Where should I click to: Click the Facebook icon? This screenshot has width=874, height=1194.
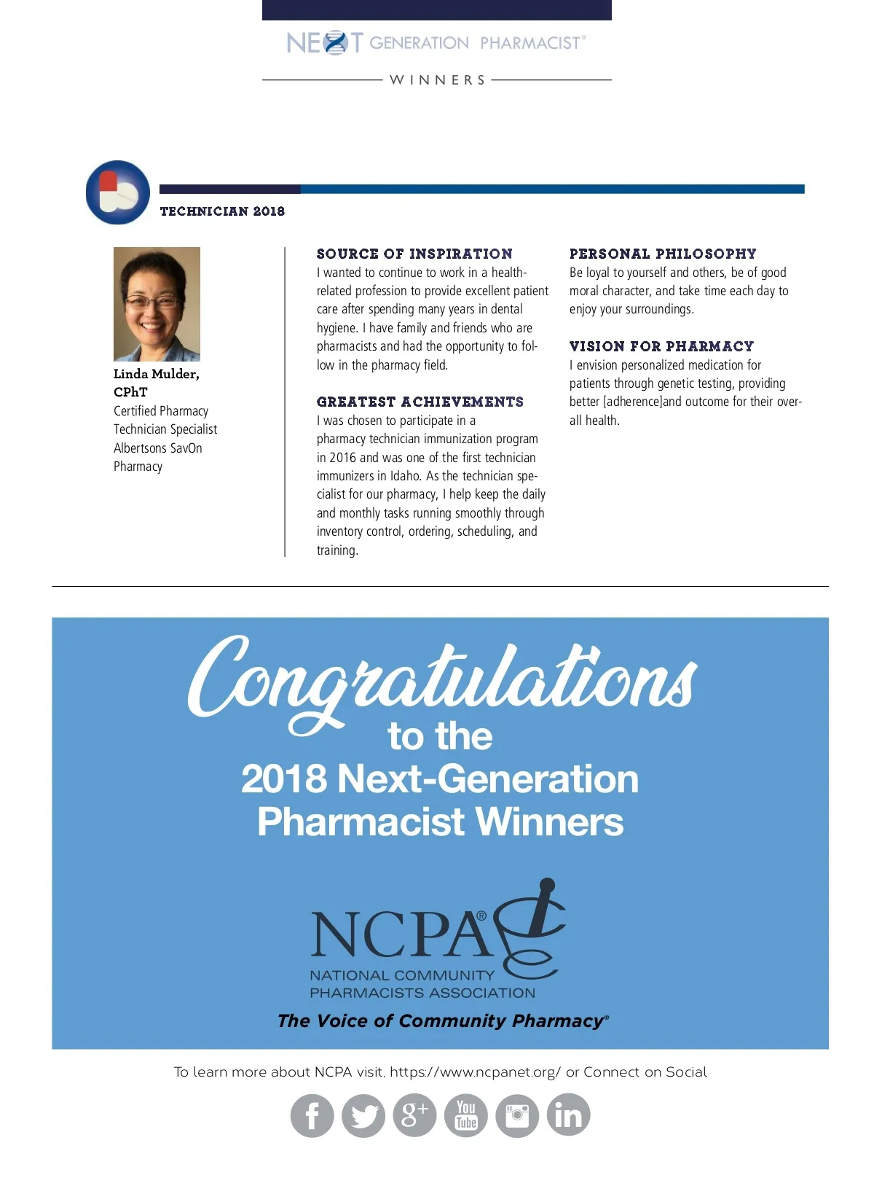(x=312, y=1115)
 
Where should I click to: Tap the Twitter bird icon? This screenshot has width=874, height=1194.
(x=363, y=1115)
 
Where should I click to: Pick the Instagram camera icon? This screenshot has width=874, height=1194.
(x=517, y=1115)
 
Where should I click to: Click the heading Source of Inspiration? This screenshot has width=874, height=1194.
(x=414, y=254)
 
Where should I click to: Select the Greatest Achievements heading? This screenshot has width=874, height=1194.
(x=420, y=402)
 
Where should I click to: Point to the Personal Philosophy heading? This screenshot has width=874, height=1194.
(x=663, y=254)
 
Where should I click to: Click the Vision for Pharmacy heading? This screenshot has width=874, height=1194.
(x=661, y=346)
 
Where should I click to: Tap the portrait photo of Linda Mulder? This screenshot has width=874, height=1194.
(x=157, y=304)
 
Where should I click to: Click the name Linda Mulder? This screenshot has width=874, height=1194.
(x=156, y=374)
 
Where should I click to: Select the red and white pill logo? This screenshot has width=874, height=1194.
(x=117, y=192)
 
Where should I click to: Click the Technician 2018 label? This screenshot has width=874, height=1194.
(x=222, y=211)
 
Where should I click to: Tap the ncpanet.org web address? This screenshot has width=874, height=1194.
(x=475, y=1072)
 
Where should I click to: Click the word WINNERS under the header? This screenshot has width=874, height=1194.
(x=438, y=80)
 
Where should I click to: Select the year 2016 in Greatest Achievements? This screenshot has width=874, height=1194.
(x=342, y=458)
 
